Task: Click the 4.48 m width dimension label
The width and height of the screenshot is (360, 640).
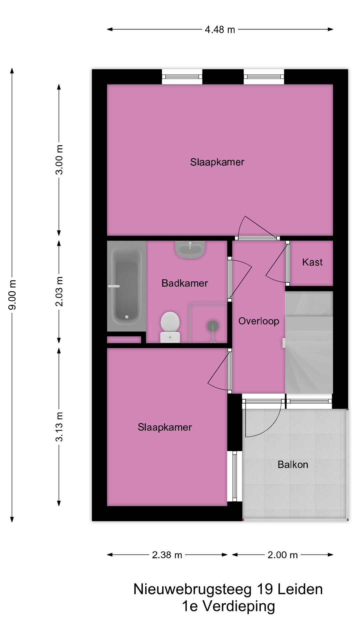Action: [220, 30]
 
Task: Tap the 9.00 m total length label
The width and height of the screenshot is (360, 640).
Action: [12, 295]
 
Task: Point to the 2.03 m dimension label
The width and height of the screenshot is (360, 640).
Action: [59, 291]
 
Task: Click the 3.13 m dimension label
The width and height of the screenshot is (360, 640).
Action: [59, 427]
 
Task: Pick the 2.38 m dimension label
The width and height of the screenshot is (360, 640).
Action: [167, 555]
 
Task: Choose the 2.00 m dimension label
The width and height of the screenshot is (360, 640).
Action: [283, 555]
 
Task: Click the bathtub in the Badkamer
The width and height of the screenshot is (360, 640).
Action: [126, 286]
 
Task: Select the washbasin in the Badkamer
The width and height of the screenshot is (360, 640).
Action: [190, 250]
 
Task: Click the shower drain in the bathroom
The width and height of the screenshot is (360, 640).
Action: [212, 325]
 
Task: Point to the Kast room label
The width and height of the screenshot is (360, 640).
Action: [312, 262]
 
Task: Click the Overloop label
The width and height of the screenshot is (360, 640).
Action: [259, 321]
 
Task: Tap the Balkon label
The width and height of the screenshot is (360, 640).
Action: [293, 465]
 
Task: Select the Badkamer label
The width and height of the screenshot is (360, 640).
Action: [185, 283]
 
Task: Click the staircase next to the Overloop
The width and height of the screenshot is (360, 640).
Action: [309, 343]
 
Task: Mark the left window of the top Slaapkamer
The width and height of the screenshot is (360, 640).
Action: [182, 77]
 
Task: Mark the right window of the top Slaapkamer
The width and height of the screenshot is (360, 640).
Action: [264, 77]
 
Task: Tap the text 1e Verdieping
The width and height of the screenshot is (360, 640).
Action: [228, 606]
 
